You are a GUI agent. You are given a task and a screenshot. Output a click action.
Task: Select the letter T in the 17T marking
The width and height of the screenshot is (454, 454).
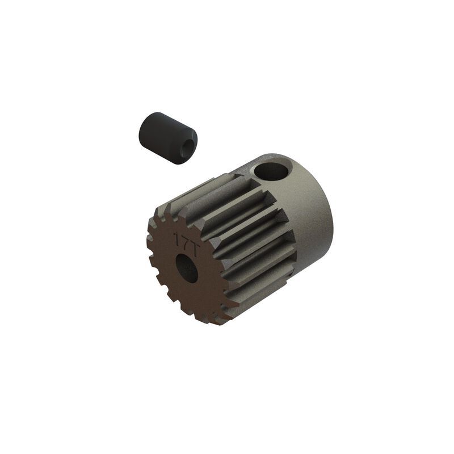point(192,240)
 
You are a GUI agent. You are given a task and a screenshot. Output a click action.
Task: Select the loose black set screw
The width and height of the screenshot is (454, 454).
point(167,138)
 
